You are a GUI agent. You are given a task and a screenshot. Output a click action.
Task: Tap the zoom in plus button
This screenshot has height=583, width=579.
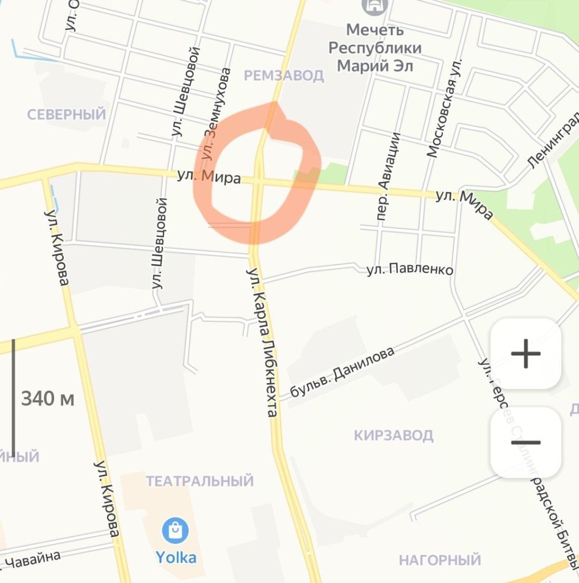[x=525, y=354]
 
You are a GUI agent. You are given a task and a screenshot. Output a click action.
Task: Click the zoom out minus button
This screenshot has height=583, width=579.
[x=525, y=443]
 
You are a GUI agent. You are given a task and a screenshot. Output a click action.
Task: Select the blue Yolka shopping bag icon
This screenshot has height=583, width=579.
[x=176, y=531]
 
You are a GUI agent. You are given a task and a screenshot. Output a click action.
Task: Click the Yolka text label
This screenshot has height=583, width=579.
[x=176, y=556]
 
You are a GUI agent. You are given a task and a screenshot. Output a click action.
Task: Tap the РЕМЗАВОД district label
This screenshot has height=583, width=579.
[x=284, y=75]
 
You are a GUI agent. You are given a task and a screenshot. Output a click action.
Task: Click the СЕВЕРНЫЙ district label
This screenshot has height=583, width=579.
[x=67, y=114]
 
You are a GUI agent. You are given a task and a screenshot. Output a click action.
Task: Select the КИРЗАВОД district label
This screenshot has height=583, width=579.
[x=393, y=436]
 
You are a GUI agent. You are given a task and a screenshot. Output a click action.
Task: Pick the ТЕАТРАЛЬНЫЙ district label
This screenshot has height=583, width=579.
[x=199, y=481]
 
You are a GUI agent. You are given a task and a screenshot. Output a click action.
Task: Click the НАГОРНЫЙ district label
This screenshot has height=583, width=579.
[x=440, y=560]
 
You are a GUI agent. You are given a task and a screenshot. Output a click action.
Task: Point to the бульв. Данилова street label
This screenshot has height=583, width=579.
[x=342, y=372]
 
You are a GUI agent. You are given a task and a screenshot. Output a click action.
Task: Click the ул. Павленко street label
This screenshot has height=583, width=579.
[x=410, y=269]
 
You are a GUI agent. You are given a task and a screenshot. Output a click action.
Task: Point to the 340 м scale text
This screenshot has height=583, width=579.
[x=48, y=399]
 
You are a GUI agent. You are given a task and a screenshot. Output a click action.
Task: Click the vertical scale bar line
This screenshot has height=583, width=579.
[x=13, y=398]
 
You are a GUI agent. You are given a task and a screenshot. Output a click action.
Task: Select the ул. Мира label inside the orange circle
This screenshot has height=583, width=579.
[x=209, y=176]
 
